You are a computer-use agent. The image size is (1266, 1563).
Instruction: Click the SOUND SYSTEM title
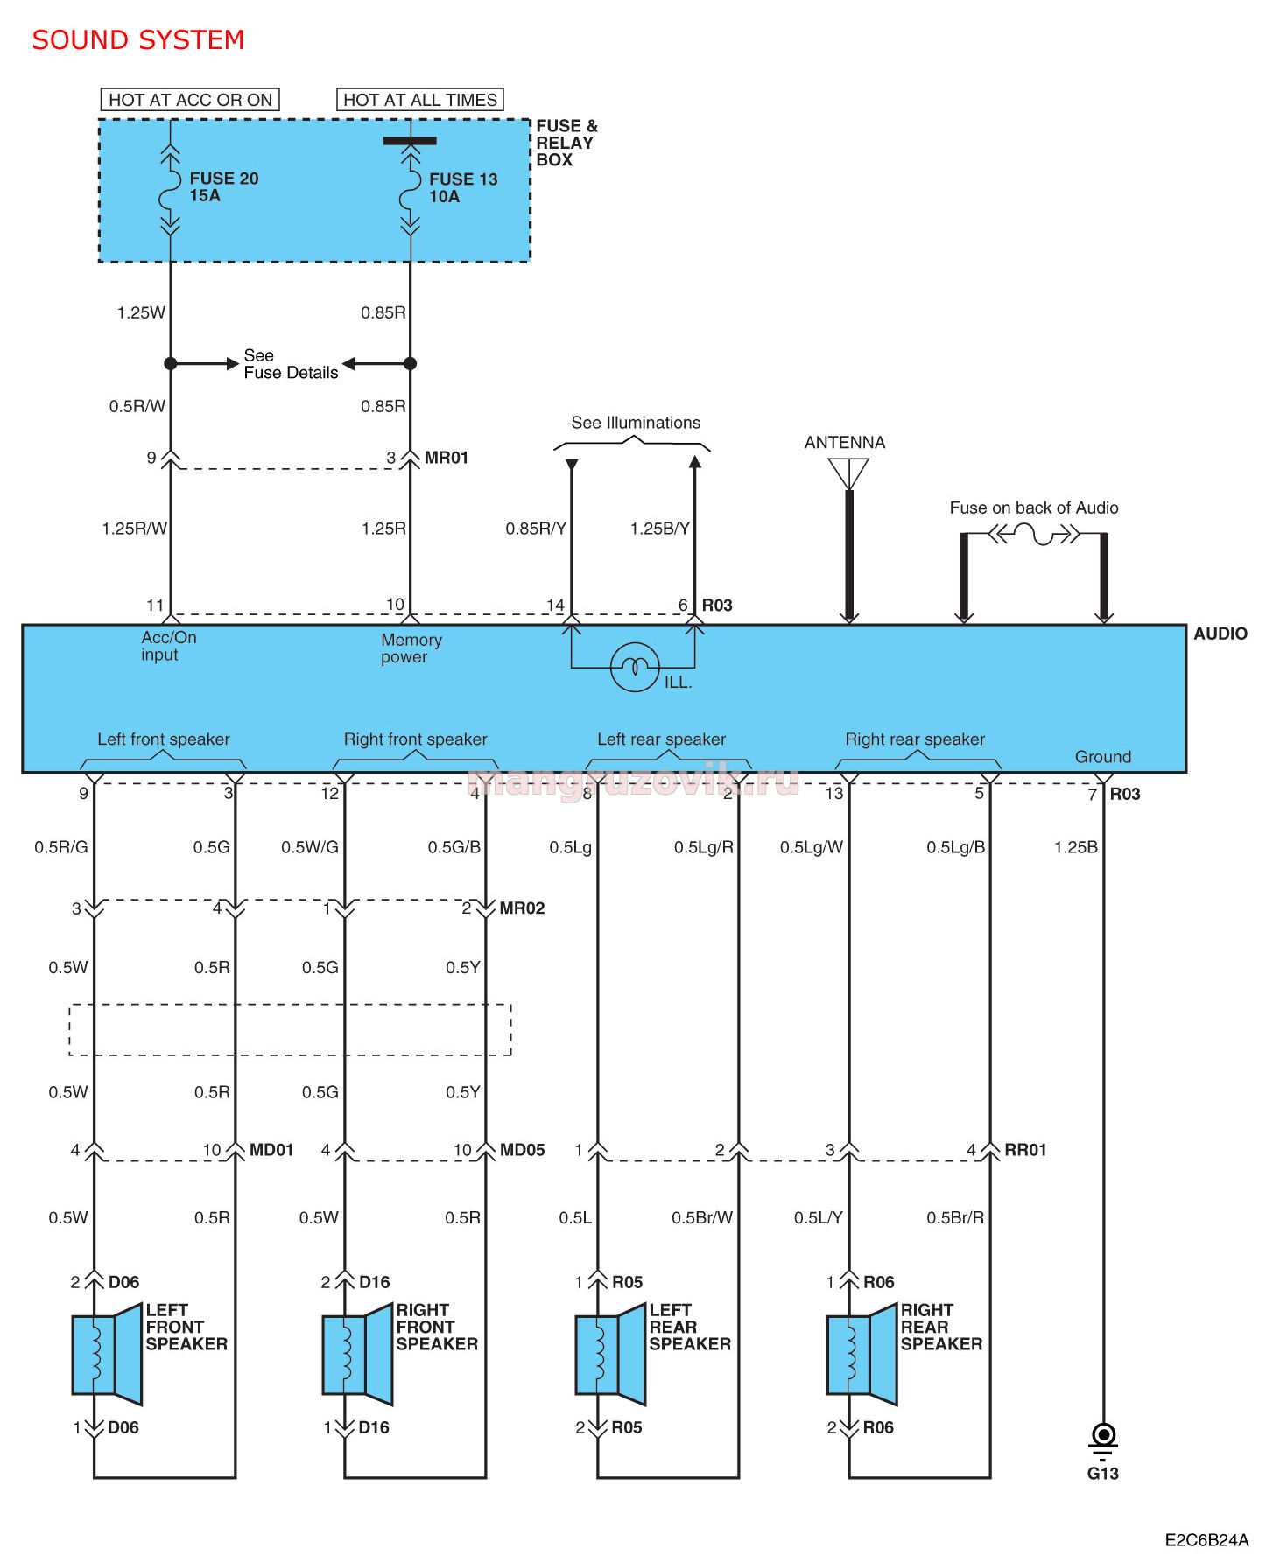138,40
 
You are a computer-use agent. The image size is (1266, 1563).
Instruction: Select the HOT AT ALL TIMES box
420,100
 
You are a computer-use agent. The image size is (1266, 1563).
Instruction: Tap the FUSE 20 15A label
224,186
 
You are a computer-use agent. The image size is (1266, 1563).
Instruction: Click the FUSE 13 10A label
463,187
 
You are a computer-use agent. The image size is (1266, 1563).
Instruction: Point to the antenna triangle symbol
848,473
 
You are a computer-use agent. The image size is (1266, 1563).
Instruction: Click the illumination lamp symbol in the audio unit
635,667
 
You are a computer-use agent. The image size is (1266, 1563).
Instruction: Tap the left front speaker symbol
107,1354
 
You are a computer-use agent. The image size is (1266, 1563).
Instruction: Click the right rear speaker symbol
862,1354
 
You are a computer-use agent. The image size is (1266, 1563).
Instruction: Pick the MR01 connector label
447,458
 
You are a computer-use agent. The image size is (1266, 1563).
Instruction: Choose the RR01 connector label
1025,1150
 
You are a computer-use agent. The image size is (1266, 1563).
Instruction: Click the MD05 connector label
522,1150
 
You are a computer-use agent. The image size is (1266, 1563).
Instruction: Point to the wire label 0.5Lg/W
812,847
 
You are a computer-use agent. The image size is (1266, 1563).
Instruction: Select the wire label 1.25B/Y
660,529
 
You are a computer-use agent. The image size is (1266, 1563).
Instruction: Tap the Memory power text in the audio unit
411,648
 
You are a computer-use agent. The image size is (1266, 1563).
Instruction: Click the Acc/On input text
169,646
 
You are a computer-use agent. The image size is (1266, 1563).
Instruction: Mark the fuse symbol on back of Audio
1034,534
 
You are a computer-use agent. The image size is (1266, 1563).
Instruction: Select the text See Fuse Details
291,364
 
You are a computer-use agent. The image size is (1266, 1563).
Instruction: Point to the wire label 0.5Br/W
702,1218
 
